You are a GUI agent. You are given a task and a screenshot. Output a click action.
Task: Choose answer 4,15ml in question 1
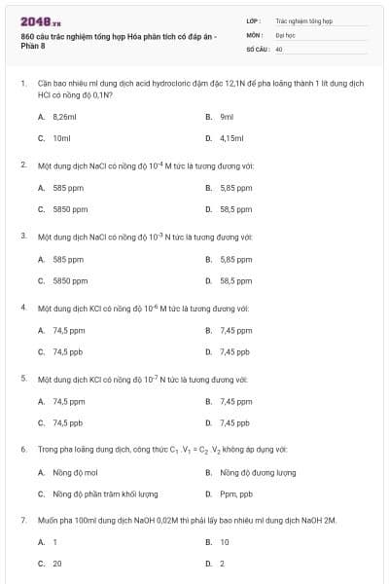231,138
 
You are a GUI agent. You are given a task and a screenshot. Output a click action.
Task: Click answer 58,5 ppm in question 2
236,209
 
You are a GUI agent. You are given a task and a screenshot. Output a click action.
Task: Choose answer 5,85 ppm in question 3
236,259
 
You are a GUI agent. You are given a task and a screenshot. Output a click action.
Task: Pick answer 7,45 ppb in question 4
235,352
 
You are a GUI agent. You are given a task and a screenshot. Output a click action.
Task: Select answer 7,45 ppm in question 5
236,401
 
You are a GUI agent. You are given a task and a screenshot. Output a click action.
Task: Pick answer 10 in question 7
225,542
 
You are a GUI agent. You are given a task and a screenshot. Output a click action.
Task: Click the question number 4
22,307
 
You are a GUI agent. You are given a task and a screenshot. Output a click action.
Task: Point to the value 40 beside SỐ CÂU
279,48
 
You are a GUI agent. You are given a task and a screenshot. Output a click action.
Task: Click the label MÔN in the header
255,34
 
